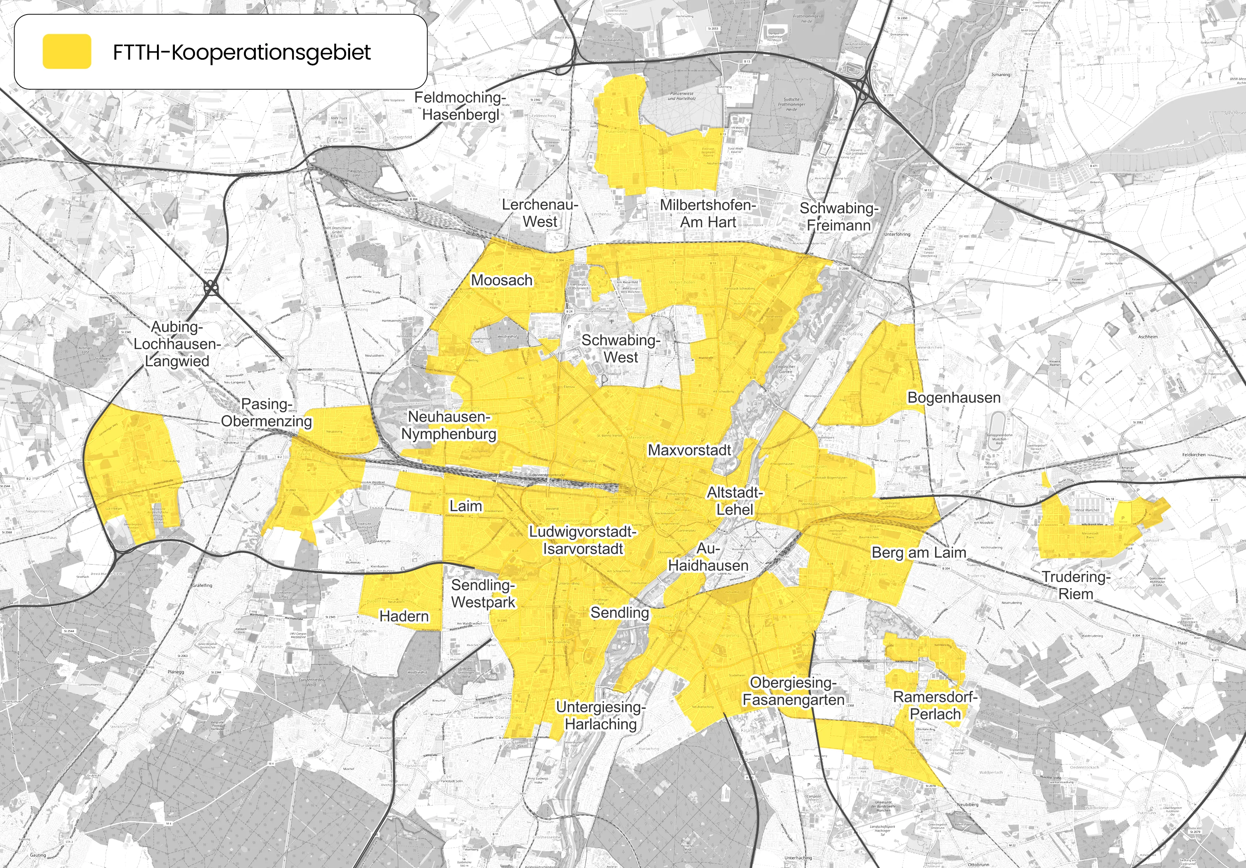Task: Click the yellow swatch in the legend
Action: point(67,52)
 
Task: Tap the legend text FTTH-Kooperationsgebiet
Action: point(241,53)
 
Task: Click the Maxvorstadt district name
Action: point(689,450)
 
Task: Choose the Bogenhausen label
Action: point(953,398)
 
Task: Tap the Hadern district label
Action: point(404,616)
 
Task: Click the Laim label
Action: point(466,506)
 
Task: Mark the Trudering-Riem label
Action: point(1076,585)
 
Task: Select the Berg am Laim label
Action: point(919,552)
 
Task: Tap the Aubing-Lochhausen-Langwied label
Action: point(177,344)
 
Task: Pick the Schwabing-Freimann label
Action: point(839,217)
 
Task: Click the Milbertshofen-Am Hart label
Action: point(708,214)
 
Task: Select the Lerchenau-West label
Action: point(540,213)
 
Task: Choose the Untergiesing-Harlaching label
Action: point(601,715)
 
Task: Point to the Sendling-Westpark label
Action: point(483,594)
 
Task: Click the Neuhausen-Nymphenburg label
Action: point(449,425)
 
